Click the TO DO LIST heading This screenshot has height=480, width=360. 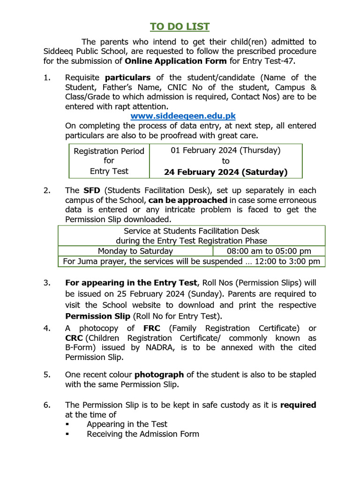(x=180, y=26)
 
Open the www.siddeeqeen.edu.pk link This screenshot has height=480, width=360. (x=183, y=115)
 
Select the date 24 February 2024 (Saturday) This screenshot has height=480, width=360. (x=225, y=172)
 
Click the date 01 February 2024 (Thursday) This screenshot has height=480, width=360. (x=225, y=150)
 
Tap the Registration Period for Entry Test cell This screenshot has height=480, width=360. (x=109, y=161)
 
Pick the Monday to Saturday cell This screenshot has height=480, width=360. (x=135, y=251)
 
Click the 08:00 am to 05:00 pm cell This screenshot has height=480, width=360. (x=269, y=251)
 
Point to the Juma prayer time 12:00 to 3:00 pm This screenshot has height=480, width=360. (x=288, y=262)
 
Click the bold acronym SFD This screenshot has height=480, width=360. (x=92, y=190)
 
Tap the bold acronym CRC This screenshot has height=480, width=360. (x=74, y=338)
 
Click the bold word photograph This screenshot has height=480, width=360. (x=159, y=375)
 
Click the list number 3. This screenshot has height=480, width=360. (x=46, y=283)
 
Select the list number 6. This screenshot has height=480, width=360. (x=46, y=405)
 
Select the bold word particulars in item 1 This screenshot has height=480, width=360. (x=127, y=77)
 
